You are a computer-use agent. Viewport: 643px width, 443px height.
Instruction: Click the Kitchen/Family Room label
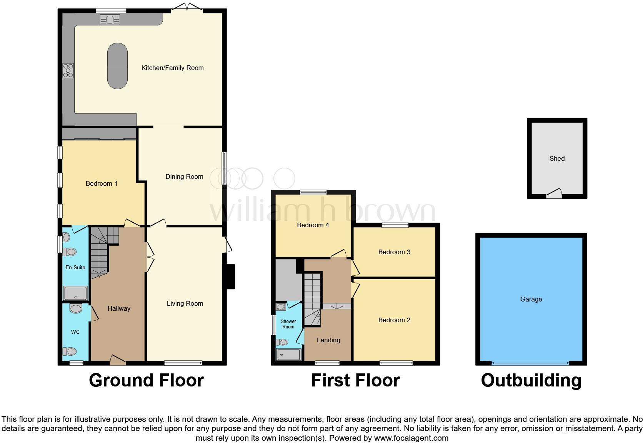click(x=172, y=68)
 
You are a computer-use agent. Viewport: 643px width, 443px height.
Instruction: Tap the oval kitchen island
click(x=117, y=66)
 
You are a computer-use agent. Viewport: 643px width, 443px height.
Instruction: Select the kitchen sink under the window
click(x=110, y=19)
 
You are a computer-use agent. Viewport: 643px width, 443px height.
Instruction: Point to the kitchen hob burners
click(x=68, y=70)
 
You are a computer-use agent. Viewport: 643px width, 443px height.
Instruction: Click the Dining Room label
click(x=184, y=177)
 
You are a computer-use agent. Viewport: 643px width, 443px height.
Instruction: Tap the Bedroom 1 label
click(x=102, y=184)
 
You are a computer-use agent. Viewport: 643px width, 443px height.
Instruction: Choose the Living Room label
click(x=185, y=304)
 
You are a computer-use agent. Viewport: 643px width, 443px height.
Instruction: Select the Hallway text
click(x=119, y=308)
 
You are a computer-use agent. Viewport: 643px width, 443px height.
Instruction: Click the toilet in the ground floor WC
click(x=70, y=351)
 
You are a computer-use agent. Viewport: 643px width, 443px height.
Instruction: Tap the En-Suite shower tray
click(x=76, y=293)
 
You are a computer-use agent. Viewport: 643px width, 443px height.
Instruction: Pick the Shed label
click(x=557, y=158)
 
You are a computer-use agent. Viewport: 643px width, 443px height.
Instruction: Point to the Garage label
click(x=531, y=299)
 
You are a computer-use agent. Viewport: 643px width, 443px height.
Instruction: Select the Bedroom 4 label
click(x=313, y=225)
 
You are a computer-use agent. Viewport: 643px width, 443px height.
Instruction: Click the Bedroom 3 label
click(x=394, y=252)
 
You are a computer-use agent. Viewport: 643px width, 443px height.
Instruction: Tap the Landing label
click(x=328, y=340)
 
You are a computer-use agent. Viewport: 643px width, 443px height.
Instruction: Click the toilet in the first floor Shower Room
click(x=283, y=342)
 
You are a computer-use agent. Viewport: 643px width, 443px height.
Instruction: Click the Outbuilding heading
click(x=531, y=380)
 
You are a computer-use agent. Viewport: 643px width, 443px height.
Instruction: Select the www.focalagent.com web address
click(x=411, y=438)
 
